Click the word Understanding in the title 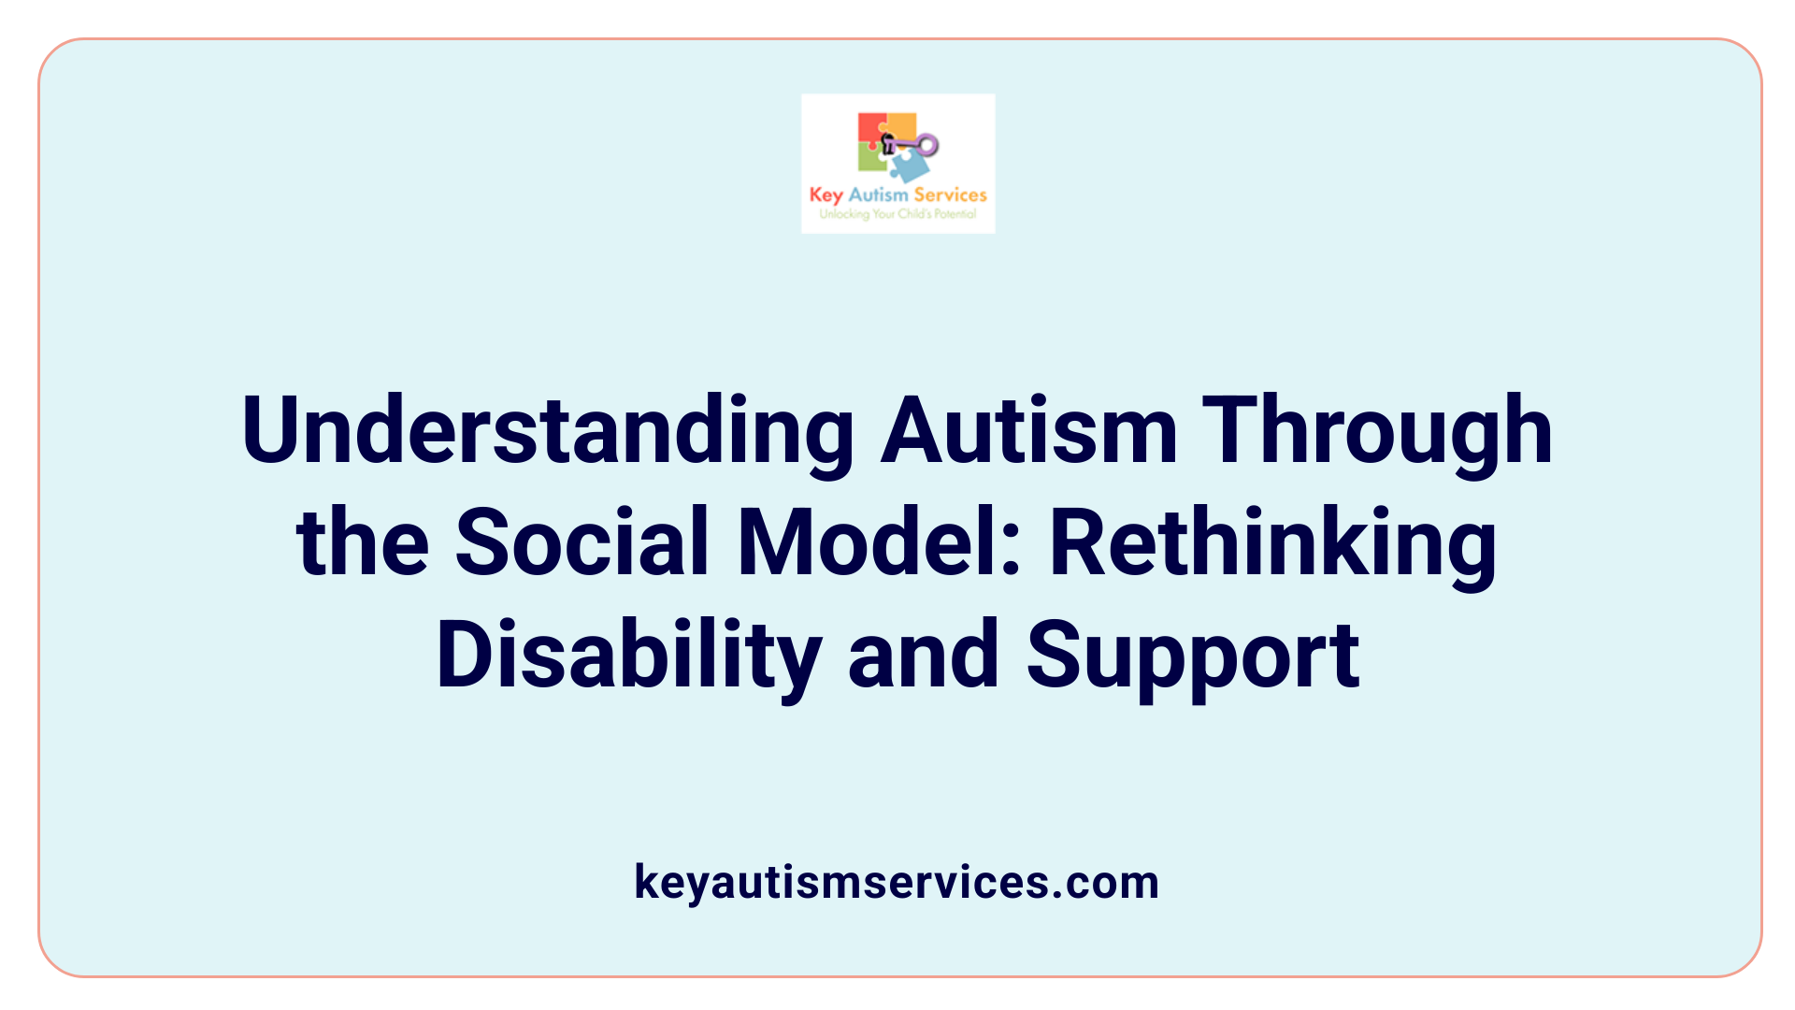point(547,432)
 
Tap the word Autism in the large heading point(1028,432)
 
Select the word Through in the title point(1377,432)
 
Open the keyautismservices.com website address point(897,882)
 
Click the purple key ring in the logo point(926,145)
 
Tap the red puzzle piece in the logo point(869,128)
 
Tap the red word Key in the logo point(826,195)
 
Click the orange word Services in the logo point(950,195)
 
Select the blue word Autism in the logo point(878,195)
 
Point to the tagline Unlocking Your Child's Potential point(897,214)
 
